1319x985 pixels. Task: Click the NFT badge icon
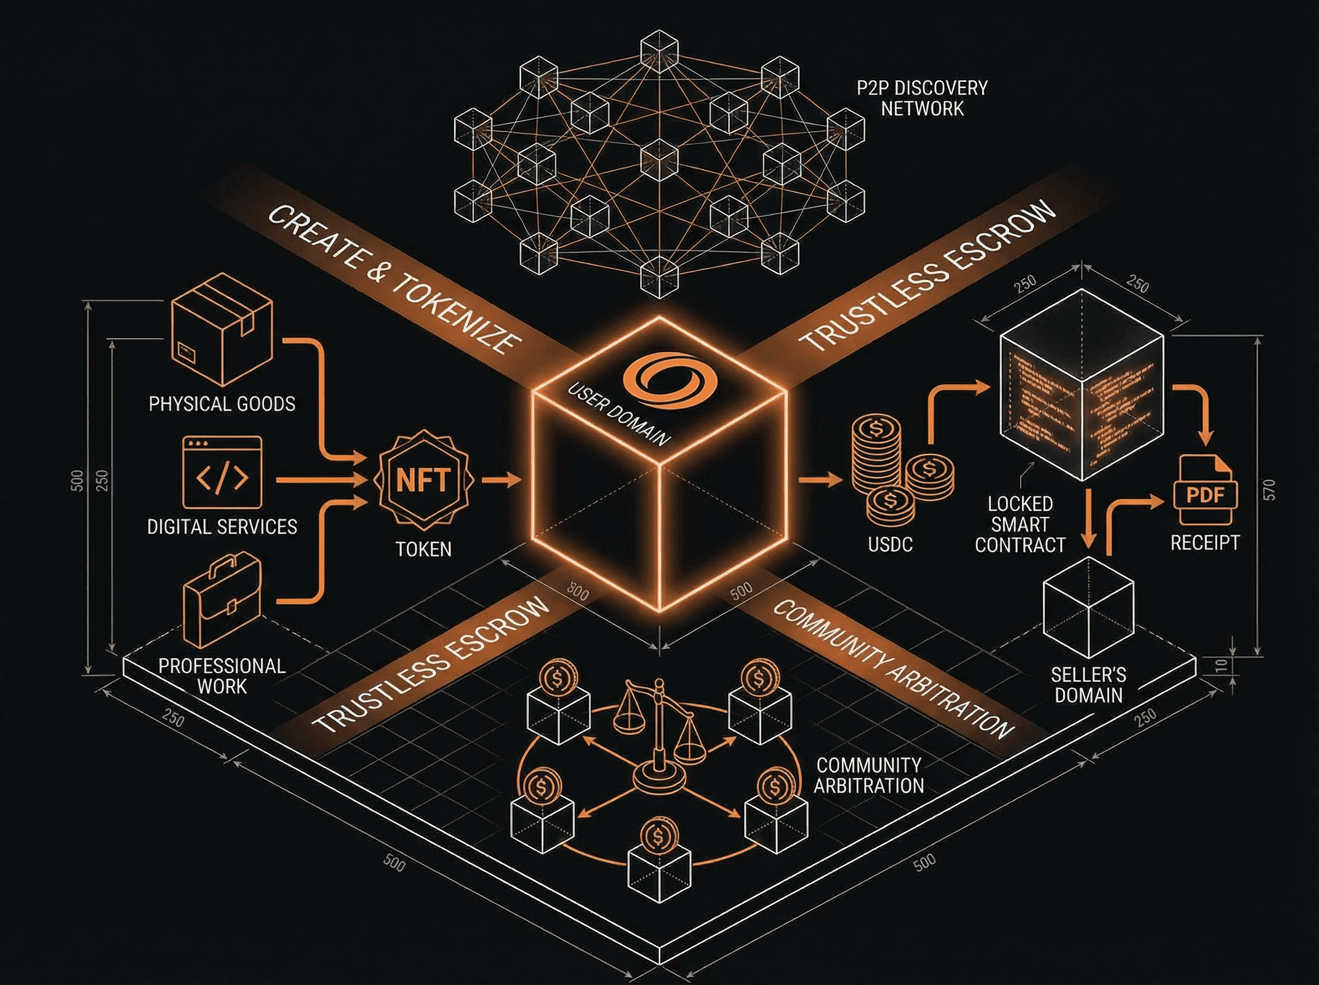423,479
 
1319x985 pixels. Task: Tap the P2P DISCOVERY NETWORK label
922,98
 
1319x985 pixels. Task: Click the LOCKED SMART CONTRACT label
1020,525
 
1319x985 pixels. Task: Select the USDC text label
890,544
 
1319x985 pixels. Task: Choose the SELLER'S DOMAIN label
1088,685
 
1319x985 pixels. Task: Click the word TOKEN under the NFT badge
423,549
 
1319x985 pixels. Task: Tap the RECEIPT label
1205,543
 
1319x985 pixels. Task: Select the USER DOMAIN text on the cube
619,415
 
